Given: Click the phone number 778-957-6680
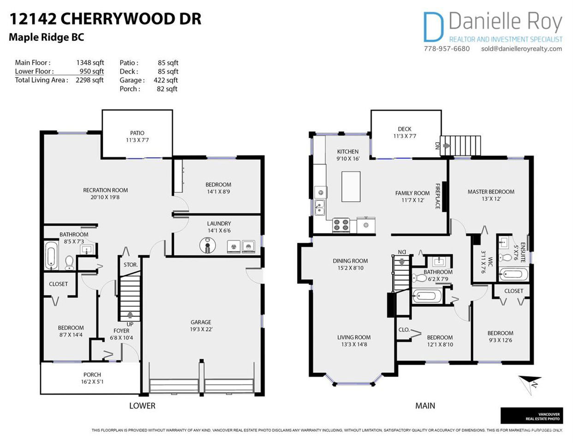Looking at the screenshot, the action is [447, 49].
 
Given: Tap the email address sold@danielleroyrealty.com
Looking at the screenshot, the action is [522, 49].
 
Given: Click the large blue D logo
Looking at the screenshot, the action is [433, 27].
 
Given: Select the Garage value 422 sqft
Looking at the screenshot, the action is [166, 80].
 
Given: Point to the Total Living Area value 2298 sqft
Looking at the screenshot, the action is [90, 80].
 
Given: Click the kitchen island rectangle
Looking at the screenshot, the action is [351, 187].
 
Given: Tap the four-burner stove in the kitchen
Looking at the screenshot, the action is [341, 225].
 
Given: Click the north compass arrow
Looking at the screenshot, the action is [530, 384].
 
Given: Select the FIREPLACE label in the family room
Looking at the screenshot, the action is [438, 197].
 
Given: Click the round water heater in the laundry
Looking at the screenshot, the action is [207, 245].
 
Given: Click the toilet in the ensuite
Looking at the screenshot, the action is [506, 257].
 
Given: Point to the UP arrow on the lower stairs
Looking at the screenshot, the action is [130, 314].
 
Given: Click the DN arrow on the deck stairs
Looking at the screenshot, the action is [447, 146].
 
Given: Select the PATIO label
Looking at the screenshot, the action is [137, 133].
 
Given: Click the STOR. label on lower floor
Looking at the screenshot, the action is [131, 265].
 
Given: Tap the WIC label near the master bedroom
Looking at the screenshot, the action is [490, 262].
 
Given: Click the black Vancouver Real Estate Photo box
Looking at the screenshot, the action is [531, 416].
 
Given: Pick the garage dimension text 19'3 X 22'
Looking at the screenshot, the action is [201, 329].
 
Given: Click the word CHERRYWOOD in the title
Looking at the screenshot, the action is [116, 19].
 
